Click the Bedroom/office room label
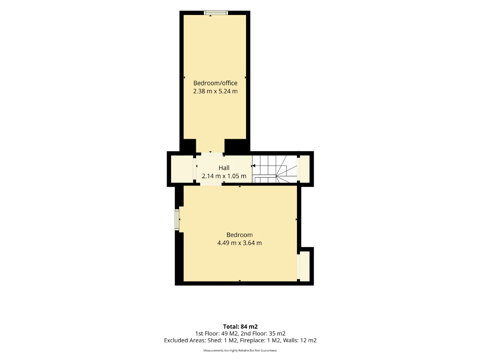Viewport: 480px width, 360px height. pyautogui.click(x=215, y=83)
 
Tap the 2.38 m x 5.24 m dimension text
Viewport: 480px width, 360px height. pyautogui.click(x=215, y=91)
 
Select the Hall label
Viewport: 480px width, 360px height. pyautogui.click(x=224, y=168)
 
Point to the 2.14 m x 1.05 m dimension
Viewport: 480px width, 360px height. pyautogui.click(x=224, y=176)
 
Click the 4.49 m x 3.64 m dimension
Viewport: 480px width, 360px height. pyautogui.click(x=240, y=243)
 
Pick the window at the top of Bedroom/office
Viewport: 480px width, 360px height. pyautogui.click(x=216, y=13)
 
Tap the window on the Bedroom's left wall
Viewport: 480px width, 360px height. pyautogui.click(x=177, y=220)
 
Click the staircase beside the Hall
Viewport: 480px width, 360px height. pyautogui.click(x=274, y=169)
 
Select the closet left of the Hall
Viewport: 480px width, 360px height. pyautogui.click(x=182, y=169)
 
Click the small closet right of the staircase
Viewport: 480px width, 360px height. pyautogui.click(x=304, y=169)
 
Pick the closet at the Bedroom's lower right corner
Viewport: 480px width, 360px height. pyautogui.click(x=304, y=267)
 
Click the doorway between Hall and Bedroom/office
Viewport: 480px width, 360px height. pyautogui.click(x=212, y=154)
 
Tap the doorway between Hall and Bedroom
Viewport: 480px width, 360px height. pyautogui.click(x=211, y=184)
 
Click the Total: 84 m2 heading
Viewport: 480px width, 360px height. pyautogui.click(x=240, y=327)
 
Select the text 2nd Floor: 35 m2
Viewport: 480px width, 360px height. pyautogui.click(x=263, y=333)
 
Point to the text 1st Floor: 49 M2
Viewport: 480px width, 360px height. pyautogui.click(x=217, y=333)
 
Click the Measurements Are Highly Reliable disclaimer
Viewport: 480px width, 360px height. pyautogui.click(x=240, y=350)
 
